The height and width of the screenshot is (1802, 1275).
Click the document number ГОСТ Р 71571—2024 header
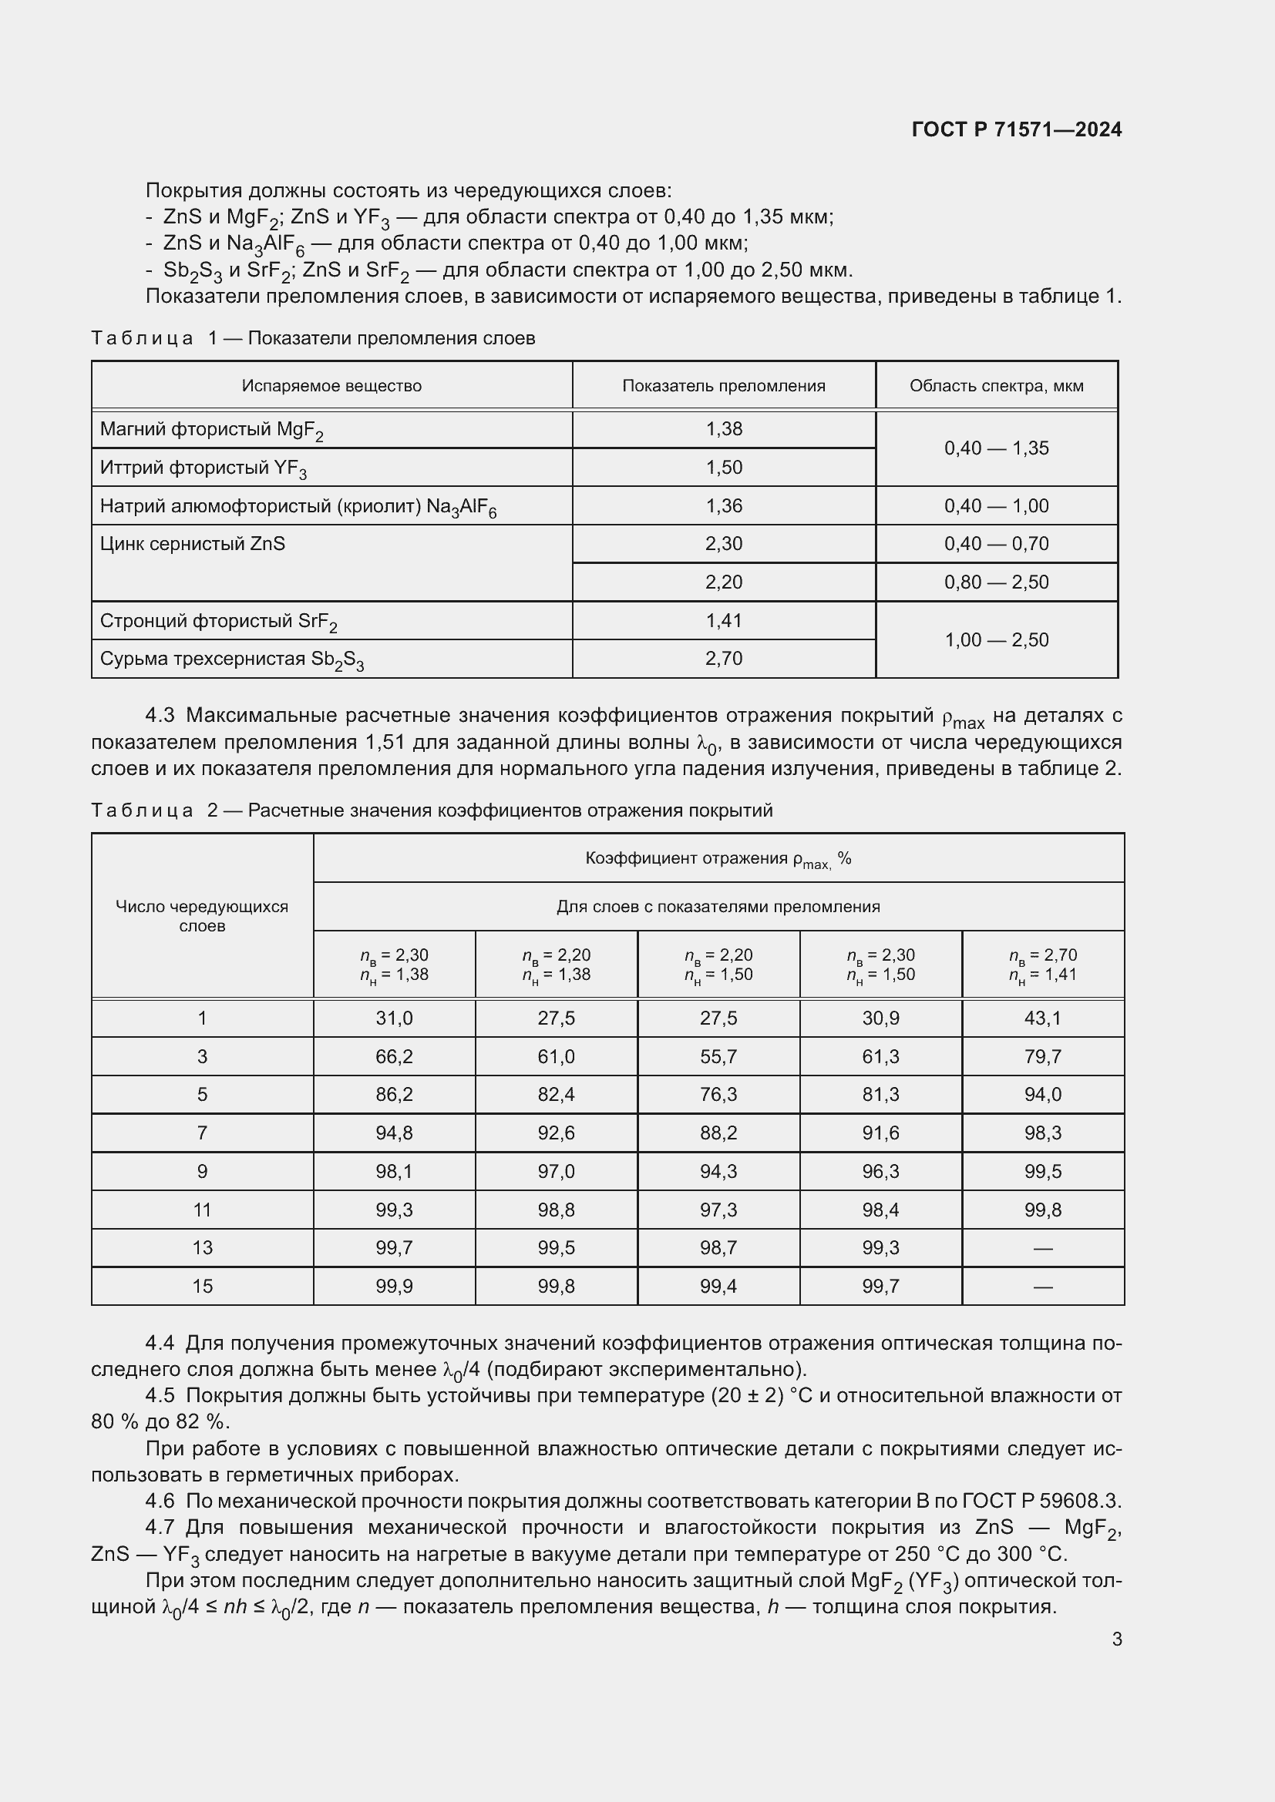[1016, 129]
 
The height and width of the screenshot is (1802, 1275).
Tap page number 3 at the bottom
[1116, 1639]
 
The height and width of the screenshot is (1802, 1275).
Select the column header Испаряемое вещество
[331, 386]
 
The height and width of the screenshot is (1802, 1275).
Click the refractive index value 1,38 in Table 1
[723, 429]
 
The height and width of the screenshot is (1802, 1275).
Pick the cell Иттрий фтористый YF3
[204, 468]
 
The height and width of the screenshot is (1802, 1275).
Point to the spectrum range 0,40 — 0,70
[995, 544]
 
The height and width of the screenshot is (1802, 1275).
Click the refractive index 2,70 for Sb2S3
[723, 659]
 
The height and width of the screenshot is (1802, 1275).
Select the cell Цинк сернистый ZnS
[193, 544]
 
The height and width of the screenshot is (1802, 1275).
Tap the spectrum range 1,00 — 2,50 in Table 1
[995, 639]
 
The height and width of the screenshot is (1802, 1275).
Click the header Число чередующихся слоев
[202, 916]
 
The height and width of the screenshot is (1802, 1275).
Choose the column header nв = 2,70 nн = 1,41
[1042, 965]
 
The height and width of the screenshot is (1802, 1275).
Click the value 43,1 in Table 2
[1042, 1018]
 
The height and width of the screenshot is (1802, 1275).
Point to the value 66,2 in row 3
[393, 1056]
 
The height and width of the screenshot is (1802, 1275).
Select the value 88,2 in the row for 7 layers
[718, 1133]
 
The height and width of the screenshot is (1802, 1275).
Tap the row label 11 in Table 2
[202, 1210]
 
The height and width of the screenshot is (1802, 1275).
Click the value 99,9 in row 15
[393, 1286]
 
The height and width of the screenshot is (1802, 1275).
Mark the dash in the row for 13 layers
[1042, 1248]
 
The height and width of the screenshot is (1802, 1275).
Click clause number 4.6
[160, 1501]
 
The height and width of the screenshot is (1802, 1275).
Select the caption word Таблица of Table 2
[142, 810]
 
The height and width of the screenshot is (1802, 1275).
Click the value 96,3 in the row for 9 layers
[880, 1171]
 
